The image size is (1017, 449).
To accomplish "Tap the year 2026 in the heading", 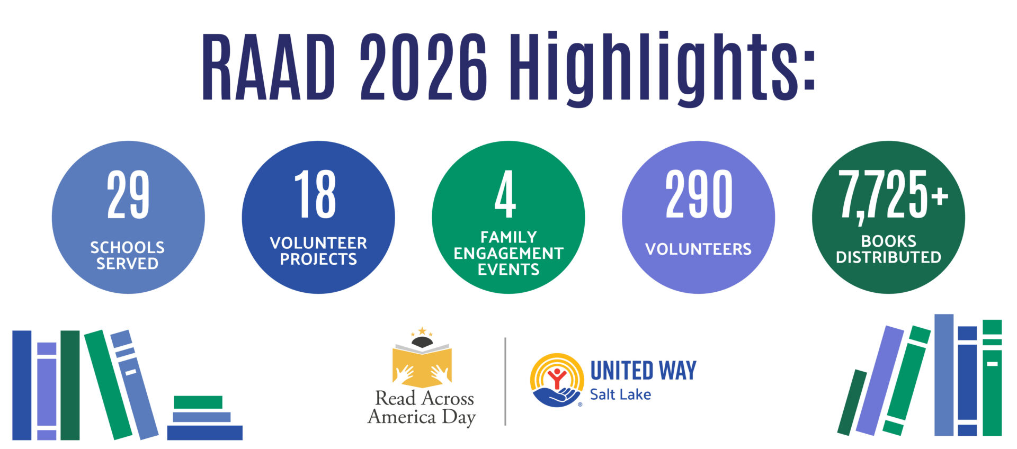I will point(423,67).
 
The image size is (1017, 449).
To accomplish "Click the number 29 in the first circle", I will point(128,194).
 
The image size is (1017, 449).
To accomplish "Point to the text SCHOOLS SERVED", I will point(127,255).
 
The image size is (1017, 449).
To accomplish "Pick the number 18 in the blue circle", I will point(316,194).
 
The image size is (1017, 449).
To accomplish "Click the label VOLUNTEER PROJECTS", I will point(318,251).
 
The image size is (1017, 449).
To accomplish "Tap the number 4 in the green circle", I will point(505,194).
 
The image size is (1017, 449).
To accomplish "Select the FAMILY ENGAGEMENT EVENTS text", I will point(508,253).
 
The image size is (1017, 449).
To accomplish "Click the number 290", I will point(699,194).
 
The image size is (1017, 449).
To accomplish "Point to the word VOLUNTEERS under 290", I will point(698,249).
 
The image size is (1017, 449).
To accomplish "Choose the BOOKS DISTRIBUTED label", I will point(888,249).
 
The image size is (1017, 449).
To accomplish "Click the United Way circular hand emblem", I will point(557,380).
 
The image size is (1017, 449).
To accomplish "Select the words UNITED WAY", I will point(643,371).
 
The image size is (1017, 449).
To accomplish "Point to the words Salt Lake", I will point(620,394).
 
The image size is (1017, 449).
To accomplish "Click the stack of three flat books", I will point(204,418).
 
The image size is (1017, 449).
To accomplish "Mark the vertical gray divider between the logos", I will point(505,381).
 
